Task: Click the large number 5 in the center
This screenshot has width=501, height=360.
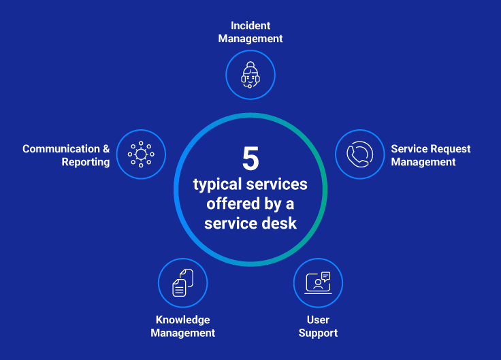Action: click(251, 159)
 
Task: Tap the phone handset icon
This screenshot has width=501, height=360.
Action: click(359, 154)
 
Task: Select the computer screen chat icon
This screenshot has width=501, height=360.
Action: click(318, 282)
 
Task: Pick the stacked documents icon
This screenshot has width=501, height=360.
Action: click(182, 282)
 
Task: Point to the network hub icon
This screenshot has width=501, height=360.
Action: click(141, 154)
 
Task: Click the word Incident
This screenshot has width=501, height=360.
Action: click(251, 26)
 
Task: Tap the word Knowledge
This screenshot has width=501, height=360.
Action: click(182, 320)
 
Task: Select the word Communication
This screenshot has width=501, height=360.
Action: click(61, 148)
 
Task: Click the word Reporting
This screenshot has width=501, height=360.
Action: click(86, 162)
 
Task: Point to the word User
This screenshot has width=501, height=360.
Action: click(318, 320)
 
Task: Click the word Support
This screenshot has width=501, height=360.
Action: click(318, 333)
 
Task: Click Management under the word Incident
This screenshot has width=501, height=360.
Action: click(251, 39)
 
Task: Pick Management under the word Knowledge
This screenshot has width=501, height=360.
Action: click(182, 333)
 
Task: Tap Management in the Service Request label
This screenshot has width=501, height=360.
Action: click(423, 162)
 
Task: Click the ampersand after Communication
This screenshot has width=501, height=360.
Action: click(106, 148)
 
